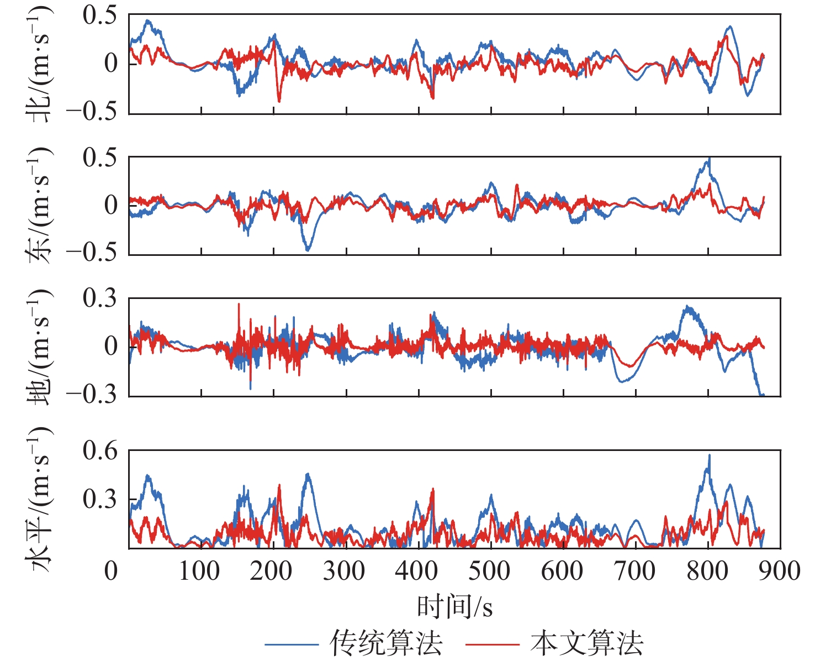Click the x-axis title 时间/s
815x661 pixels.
click(x=454, y=607)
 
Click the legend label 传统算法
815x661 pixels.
click(x=386, y=643)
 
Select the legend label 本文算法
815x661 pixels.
click(x=586, y=643)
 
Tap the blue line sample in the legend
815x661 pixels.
click(x=292, y=644)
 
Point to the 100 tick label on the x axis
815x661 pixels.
click(x=199, y=571)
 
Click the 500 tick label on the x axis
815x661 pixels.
click(x=489, y=571)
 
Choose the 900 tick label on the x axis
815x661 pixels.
click(x=779, y=571)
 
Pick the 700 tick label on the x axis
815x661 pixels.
click(x=634, y=571)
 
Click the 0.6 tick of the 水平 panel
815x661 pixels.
click(x=100, y=452)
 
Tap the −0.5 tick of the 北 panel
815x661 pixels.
click(x=92, y=112)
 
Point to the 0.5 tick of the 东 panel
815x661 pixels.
click(x=100, y=158)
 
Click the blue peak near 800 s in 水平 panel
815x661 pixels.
click(x=709, y=455)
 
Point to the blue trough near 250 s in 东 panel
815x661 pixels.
click(x=308, y=250)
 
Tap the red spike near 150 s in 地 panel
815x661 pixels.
click(x=239, y=304)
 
